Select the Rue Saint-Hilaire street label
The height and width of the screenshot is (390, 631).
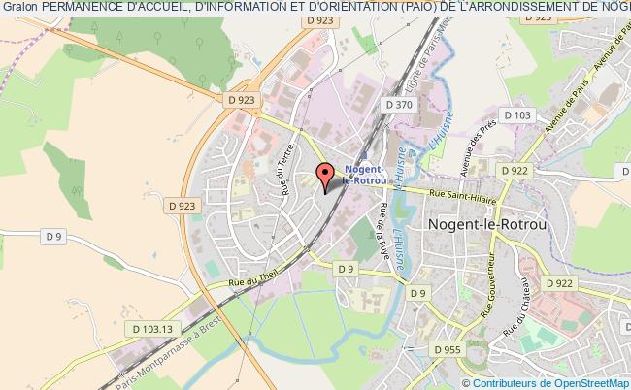coord(460,194)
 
